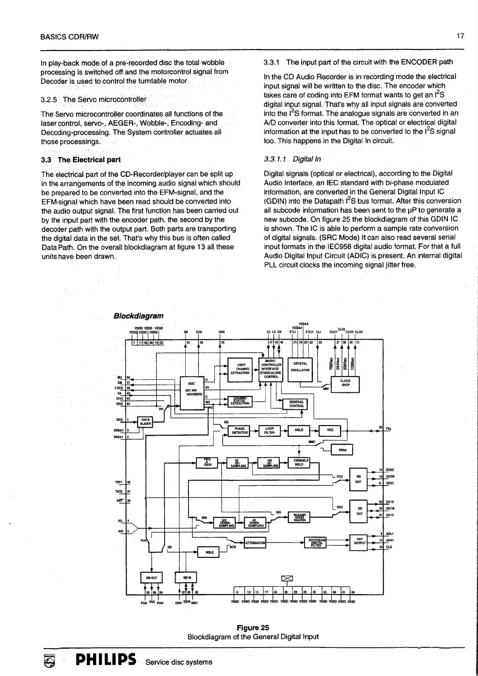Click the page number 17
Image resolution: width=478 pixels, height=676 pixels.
[x=460, y=36]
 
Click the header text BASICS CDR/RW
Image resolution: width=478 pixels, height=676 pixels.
[x=69, y=37]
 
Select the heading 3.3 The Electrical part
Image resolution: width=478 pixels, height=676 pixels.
[x=81, y=160]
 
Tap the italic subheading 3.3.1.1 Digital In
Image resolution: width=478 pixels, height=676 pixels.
[x=292, y=159]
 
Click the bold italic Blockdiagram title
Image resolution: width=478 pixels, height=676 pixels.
[x=138, y=316]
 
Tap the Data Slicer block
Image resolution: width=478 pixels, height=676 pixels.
[x=145, y=422]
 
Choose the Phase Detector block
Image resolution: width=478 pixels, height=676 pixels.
[x=239, y=431]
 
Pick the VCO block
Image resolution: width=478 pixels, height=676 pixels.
[x=330, y=431]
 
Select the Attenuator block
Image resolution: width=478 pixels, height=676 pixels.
[x=255, y=543]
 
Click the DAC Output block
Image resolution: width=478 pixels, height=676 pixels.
[x=359, y=541]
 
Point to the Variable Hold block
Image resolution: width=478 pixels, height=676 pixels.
[x=299, y=462]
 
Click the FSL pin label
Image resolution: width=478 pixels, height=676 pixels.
[x=389, y=428]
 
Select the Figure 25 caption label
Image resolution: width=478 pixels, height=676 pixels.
[x=253, y=628]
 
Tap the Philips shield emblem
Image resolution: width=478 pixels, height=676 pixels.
[x=48, y=661]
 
